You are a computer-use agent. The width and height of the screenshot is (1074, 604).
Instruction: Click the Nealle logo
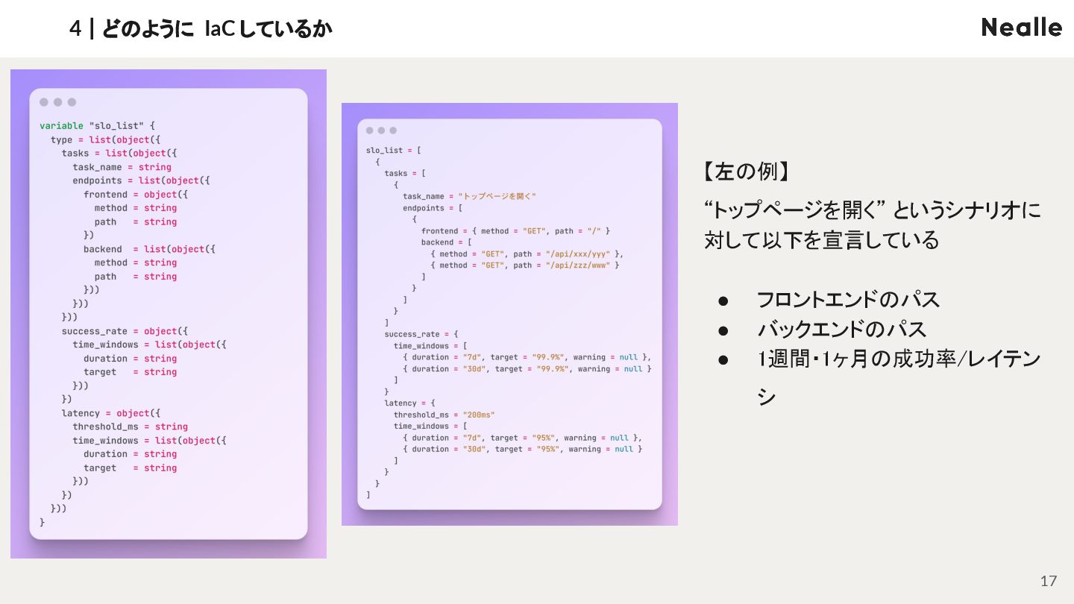coord(1021,28)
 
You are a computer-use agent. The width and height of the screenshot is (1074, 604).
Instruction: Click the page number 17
coord(1049,581)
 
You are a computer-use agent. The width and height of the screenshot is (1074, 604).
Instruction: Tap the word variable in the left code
coord(61,126)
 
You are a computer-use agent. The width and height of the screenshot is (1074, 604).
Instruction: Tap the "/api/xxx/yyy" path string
coord(578,254)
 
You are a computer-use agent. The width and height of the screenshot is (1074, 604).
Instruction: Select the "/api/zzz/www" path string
coord(578,265)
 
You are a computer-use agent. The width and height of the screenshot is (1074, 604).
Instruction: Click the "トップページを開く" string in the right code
coord(497,196)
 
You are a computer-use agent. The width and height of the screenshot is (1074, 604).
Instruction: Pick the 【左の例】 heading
coord(747,172)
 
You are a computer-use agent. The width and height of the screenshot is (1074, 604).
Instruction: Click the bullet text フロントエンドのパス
coord(848,300)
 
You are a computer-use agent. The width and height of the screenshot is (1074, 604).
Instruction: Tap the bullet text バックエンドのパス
coord(841,329)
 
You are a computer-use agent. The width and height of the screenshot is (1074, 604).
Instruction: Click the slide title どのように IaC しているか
coord(216,28)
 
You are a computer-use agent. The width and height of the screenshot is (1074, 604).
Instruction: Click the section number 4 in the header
coord(75,28)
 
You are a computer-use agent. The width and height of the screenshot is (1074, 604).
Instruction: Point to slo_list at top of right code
coord(384,150)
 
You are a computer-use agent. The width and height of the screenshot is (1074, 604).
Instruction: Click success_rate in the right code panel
coord(412,334)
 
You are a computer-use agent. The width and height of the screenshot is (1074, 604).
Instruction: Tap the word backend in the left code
coord(103,249)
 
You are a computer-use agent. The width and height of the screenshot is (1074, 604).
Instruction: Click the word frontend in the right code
coord(439,230)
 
